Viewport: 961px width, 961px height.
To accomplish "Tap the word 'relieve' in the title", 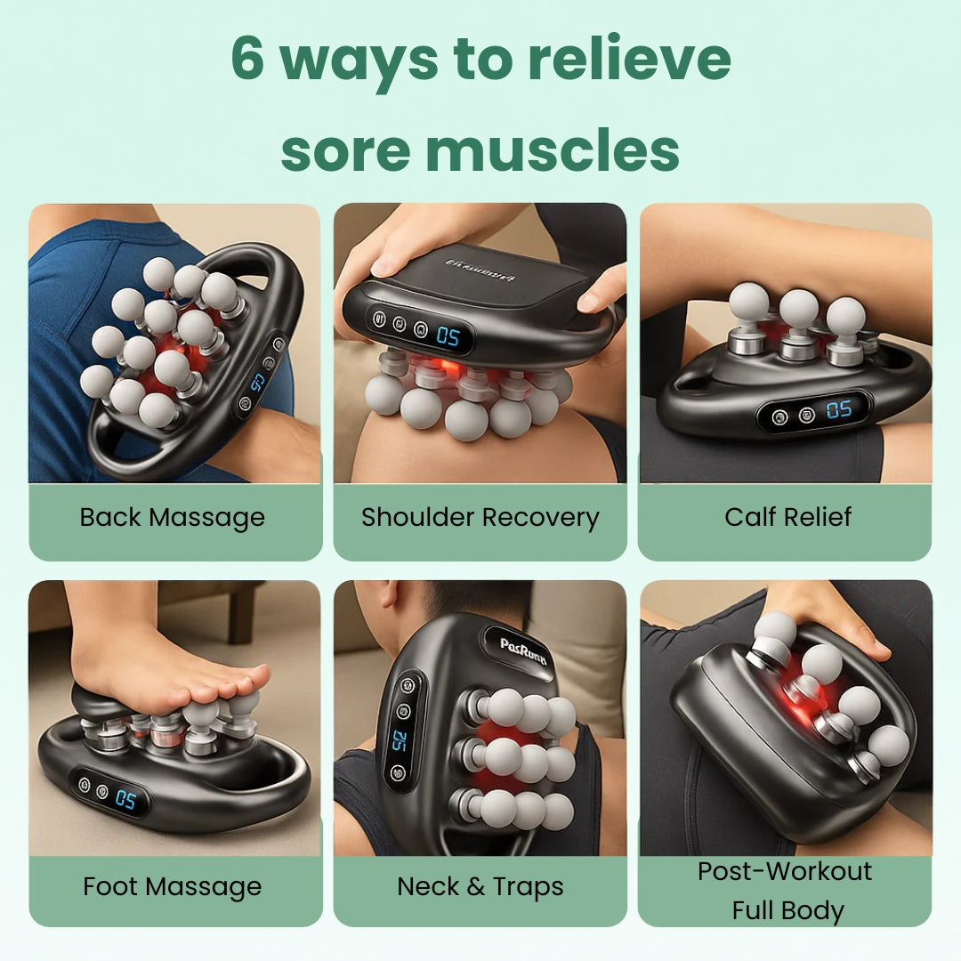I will [628, 60].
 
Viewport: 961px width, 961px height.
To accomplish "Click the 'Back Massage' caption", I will [173, 517].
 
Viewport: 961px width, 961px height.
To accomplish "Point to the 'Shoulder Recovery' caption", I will [480, 517].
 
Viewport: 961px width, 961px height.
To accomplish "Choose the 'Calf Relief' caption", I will [788, 517].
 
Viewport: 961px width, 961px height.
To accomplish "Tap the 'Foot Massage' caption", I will [173, 886].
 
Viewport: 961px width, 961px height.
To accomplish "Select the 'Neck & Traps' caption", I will [480, 886].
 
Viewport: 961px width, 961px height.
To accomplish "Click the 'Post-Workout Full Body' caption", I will [785, 890].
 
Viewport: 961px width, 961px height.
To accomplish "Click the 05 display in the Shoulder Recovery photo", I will [448, 336].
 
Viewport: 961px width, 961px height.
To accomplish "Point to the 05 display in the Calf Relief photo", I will [839, 410].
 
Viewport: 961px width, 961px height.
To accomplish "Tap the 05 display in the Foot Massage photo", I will [125, 799].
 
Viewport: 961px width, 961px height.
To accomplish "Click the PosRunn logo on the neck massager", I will [523, 645].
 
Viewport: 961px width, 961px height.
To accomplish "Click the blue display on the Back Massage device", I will [259, 379].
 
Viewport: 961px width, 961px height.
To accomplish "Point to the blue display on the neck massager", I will [400, 740].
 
